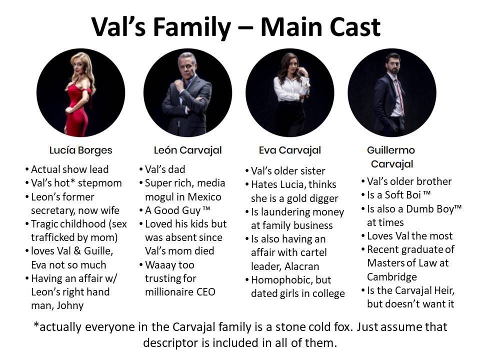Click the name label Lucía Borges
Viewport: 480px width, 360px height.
(81, 150)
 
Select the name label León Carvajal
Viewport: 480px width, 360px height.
(187, 150)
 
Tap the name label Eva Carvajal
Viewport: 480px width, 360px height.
(290, 150)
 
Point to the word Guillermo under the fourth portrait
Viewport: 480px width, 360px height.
(391, 150)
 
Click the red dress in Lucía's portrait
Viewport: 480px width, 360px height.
(78, 110)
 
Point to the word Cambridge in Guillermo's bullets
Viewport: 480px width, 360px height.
(392, 276)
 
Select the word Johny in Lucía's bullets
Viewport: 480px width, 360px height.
(70, 305)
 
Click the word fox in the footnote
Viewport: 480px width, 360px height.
(342, 327)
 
